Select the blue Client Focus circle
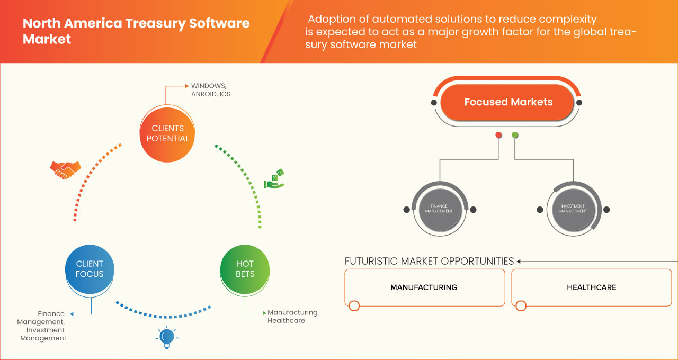pyautogui.click(x=90, y=269)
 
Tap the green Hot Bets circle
pyautogui.click(x=245, y=269)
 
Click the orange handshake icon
pyautogui.click(x=65, y=169)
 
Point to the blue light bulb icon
pyautogui.click(x=167, y=337)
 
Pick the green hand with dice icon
pyautogui.click(x=274, y=179)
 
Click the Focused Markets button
pyautogui.click(x=508, y=102)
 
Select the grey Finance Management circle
pyautogui.click(x=439, y=208)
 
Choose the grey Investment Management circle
pyautogui.click(x=573, y=208)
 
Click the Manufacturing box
pyautogui.click(x=424, y=287)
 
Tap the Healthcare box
pyautogui.click(x=591, y=287)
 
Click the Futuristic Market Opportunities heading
pyautogui.click(x=429, y=261)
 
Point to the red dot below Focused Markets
pyautogui.click(x=498, y=136)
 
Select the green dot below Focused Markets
pyautogui.click(x=515, y=136)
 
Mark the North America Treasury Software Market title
pyautogui.click(x=136, y=31)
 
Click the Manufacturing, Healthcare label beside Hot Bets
pyautogui.click(x=293, y=316)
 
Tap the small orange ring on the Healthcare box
pyautogui.click(x=521, y=305)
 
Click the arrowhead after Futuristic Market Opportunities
pyautogui.click(x=519, y=261)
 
